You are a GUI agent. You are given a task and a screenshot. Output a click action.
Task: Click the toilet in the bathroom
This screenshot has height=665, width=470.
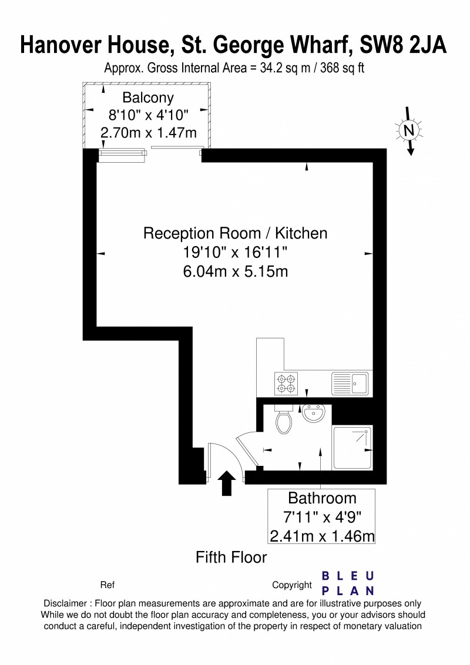(284, 419)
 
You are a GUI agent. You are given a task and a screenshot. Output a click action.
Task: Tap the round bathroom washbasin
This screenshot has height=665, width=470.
(314, 413)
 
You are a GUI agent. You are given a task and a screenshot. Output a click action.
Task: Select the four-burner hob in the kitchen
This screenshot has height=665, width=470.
(286, 384)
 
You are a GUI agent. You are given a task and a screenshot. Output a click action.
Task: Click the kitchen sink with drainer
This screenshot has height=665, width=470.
(350, 384)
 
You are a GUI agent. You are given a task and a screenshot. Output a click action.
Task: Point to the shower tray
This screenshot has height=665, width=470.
(353, 448)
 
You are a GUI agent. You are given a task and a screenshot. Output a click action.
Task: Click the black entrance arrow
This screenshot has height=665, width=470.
(227, 483)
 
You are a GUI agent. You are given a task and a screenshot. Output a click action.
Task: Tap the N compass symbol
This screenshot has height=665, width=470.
(409, 130)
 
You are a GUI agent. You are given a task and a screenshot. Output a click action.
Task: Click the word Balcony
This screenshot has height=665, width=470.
(148, 98)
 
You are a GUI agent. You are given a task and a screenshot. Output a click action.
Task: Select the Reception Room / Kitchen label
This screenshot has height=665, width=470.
(235, 233)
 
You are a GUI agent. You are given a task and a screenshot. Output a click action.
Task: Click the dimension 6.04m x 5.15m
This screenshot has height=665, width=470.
(236, 271)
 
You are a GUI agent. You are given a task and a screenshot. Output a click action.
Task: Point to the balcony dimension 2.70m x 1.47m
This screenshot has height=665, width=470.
(149, 133)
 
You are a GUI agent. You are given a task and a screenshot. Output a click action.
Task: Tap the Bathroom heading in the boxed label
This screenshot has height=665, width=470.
(322, 498)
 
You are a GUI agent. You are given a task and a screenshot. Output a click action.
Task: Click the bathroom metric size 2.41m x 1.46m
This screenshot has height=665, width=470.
(322, 536)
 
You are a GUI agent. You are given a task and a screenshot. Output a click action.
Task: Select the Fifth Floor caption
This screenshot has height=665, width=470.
(231, 557)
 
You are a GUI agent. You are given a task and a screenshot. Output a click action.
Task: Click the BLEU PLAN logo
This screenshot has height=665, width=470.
(348, 583)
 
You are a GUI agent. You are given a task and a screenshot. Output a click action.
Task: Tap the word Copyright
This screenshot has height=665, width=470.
(292, 585)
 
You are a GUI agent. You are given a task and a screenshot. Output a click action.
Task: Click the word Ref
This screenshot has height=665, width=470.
(108, 585)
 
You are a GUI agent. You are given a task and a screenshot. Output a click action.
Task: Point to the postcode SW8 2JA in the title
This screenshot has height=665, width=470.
(403, 45)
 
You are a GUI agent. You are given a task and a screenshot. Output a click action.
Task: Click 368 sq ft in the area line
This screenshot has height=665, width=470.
(343, 68)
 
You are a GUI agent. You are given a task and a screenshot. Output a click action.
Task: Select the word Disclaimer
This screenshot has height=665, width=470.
(65, 603)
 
